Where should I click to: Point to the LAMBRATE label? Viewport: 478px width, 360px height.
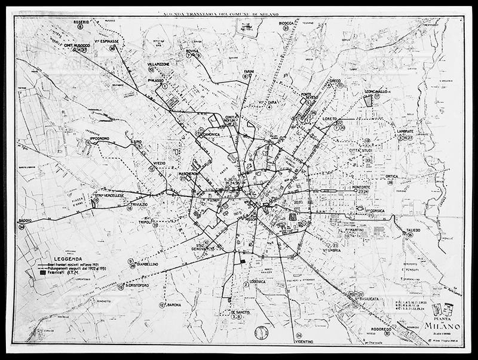(x=406, y=131)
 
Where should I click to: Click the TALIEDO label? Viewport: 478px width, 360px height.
(x=413, y=230)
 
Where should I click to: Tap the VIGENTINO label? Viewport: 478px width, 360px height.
(x=305, y=342)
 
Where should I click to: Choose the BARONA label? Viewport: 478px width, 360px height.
(x=174, y=305)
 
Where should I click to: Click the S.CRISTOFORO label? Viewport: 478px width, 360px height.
(x=136, y=286)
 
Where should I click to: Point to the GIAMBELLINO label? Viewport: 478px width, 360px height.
(x=147, y=263)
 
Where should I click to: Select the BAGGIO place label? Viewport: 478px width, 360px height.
(x=25, y=220)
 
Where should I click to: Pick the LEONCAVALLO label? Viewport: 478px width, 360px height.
(x=377, y=91)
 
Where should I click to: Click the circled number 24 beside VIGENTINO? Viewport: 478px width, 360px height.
(x=299, y=335)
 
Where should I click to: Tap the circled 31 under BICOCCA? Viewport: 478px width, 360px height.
(x=286, y=28)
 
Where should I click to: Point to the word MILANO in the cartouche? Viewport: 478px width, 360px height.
(x=442, y=324)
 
